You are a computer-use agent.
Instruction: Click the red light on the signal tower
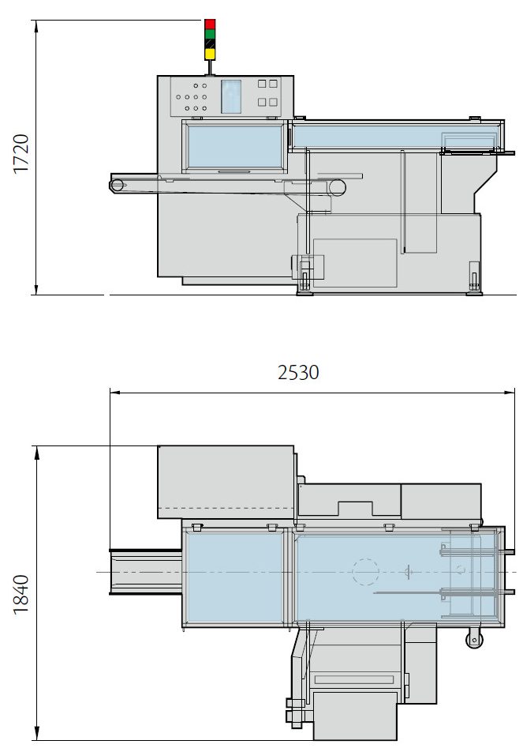click(x=210, y=24)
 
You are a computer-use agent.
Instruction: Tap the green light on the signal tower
click(x=210, y=34)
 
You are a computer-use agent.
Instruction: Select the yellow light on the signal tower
click(x=210, y=54)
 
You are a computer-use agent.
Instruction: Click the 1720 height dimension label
click(x=21, y=154)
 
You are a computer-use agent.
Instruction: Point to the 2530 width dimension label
click(x=298, y=372)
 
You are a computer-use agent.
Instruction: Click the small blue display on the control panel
click(x=230, y=96)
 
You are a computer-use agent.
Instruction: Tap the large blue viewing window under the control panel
click(x=234, y=148)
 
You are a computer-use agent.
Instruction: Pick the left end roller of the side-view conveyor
click(x=118, y=185)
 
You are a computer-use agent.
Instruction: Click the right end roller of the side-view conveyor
click(x=338, y=187)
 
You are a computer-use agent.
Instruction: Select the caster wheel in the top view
click(x=473, y=640)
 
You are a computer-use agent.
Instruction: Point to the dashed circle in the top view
click(x=364, y=571)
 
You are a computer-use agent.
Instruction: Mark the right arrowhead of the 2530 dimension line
click(x=512, y=391)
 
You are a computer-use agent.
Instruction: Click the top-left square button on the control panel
click(x=263, y=83)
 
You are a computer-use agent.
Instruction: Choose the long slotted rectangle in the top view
click(x=353, y=679)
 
